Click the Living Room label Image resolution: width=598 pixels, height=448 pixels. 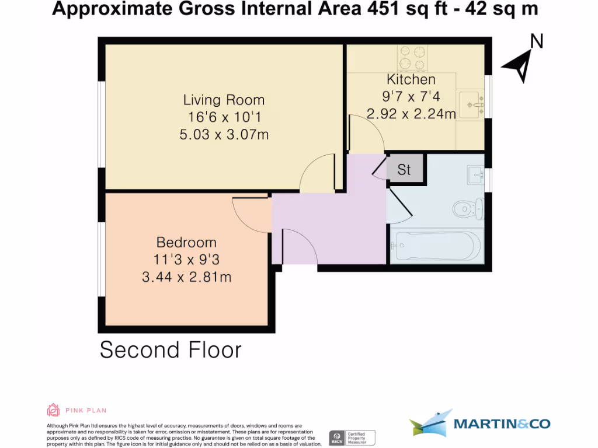point(224,100)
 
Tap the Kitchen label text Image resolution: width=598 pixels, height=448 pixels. point(411,79)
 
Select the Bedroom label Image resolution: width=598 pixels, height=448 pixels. point(186,242)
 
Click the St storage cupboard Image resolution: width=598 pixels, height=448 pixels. point(404,170)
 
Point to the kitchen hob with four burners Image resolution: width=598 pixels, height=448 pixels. point(412,58)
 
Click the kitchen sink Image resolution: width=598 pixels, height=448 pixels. point(470,103)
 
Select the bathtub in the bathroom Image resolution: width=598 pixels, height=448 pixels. point(436,244)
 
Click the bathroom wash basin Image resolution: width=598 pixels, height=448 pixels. point(475,174)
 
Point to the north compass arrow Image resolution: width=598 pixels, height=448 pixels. point(517,65)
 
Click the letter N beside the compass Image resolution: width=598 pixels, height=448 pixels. point(536,41)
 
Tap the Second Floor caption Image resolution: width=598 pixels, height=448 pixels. point(171,350)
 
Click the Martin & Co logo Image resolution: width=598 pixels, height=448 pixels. point(479,423)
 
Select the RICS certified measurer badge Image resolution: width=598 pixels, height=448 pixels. point(352,437)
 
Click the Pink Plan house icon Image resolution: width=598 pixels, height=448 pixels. point(53,410)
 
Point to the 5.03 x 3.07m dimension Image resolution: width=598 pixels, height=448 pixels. point(224,135)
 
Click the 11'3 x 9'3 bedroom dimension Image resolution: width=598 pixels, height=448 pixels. point(186,260)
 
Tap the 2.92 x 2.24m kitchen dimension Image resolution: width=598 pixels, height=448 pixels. point(411,114)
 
